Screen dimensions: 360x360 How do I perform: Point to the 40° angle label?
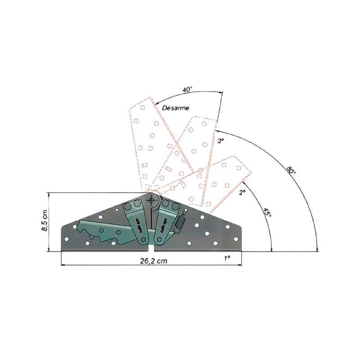(x=188, y=90)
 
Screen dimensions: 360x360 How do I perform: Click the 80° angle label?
(x=291, y=171)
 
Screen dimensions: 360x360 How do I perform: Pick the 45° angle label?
(x=267, y=213)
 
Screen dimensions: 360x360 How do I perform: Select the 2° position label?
(x=242, y=192)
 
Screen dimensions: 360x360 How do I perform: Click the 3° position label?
(x=220, y=141)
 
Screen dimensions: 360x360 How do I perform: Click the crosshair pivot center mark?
(x=152, y=199)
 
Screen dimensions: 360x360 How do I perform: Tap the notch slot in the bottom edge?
(x=151, y=249)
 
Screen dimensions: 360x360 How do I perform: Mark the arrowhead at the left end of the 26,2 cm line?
(x=63, y=265)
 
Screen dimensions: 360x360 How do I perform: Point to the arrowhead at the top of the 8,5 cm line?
(x=49, y=195)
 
